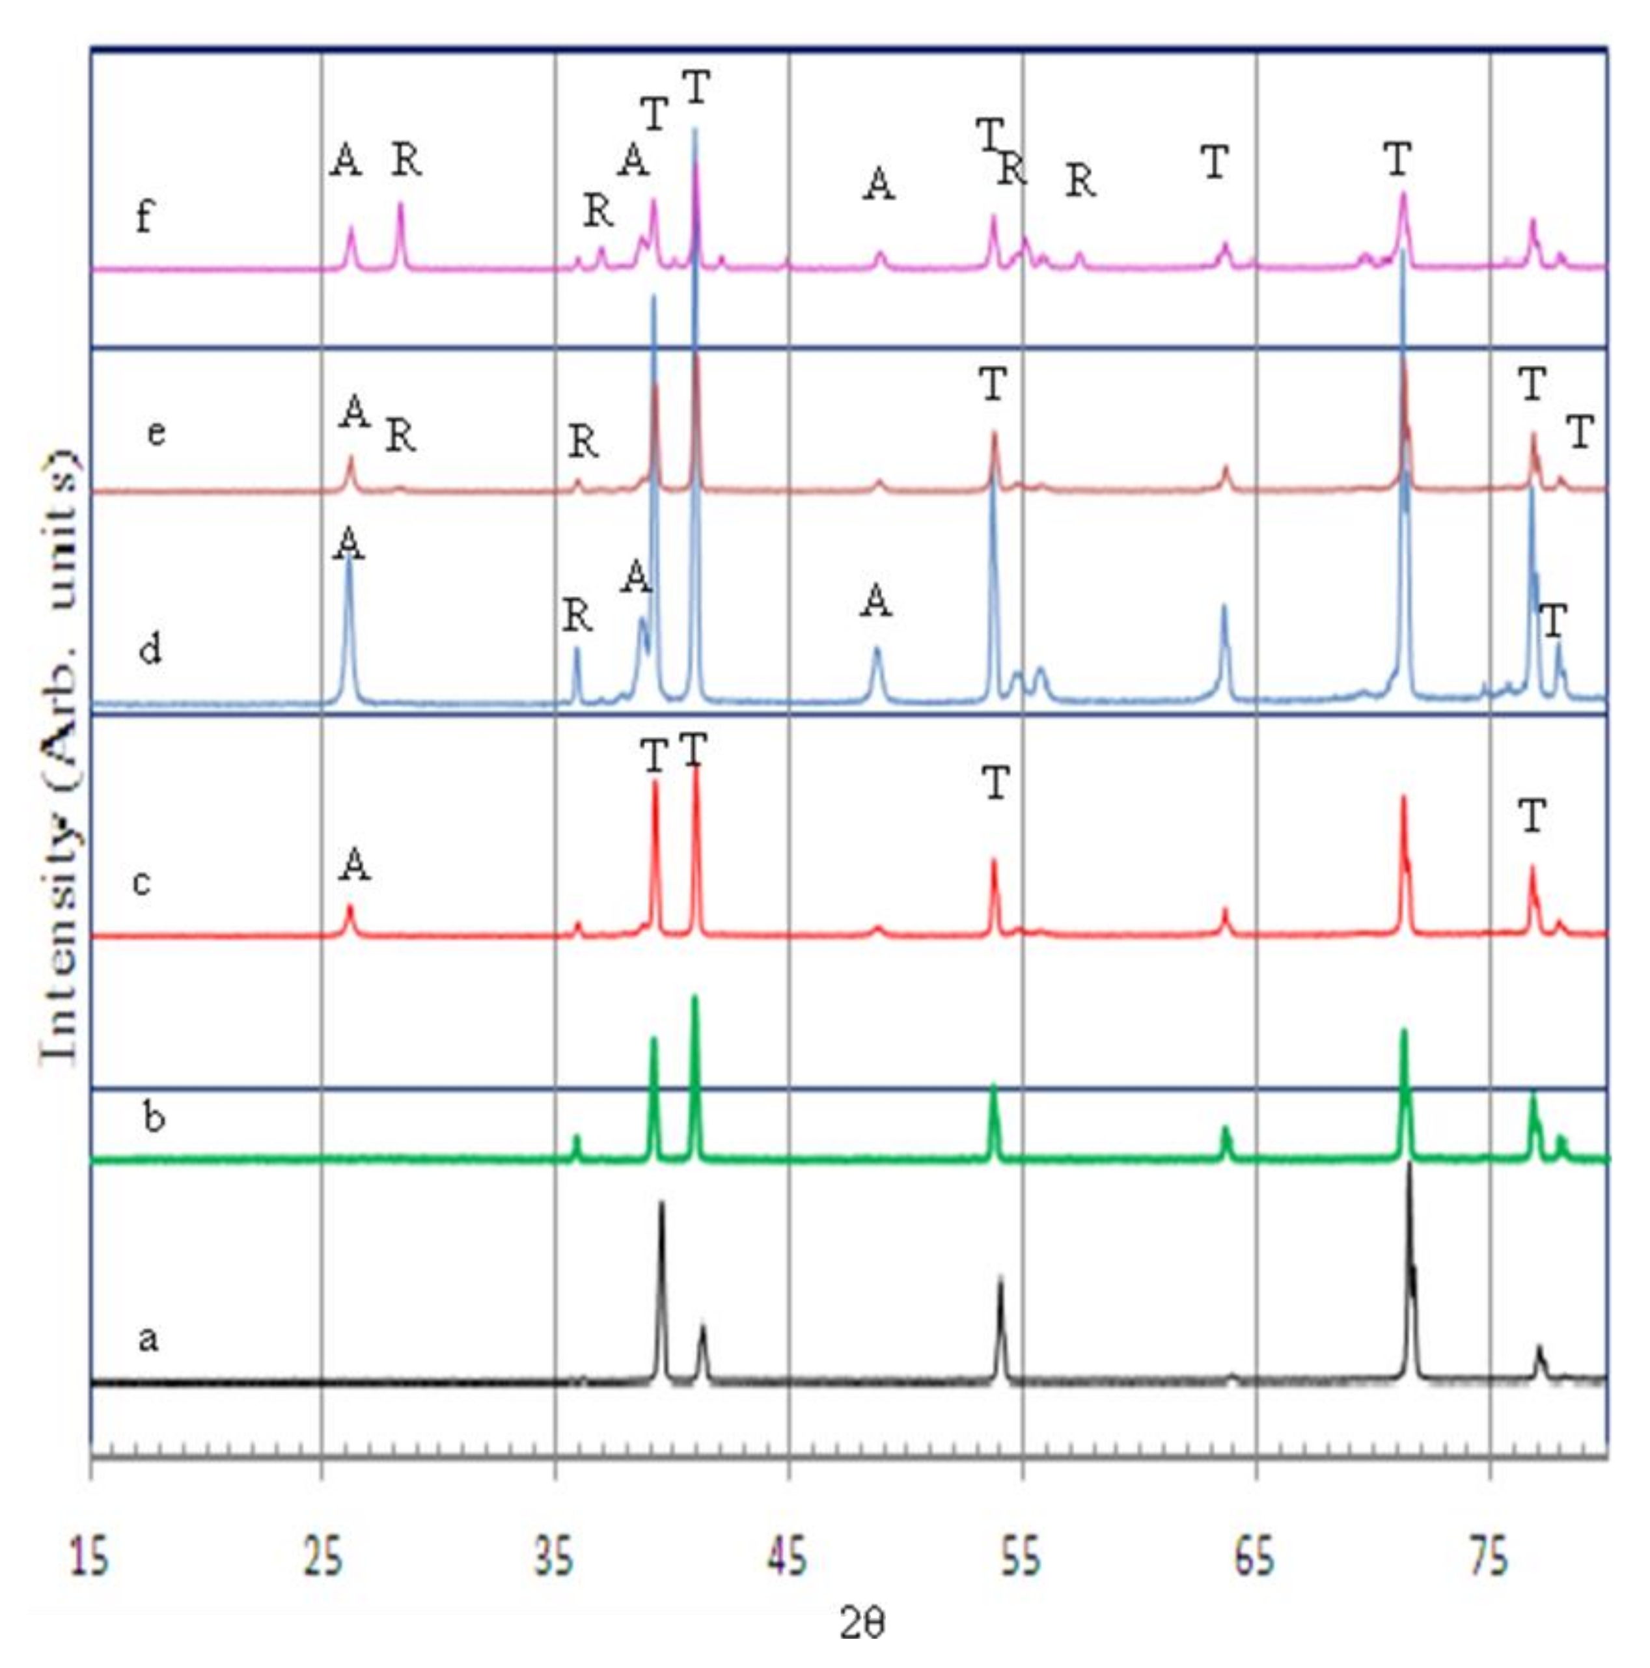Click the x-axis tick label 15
[x=90, y=1560]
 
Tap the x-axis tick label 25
[x=322, y=1560]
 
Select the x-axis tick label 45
[x=788, y=1560]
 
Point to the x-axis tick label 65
[x=1254, y=1560]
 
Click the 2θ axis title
[x=861, y=1626]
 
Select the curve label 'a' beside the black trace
[x=148, y=1338]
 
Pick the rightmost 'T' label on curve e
[x=1579, y=433]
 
